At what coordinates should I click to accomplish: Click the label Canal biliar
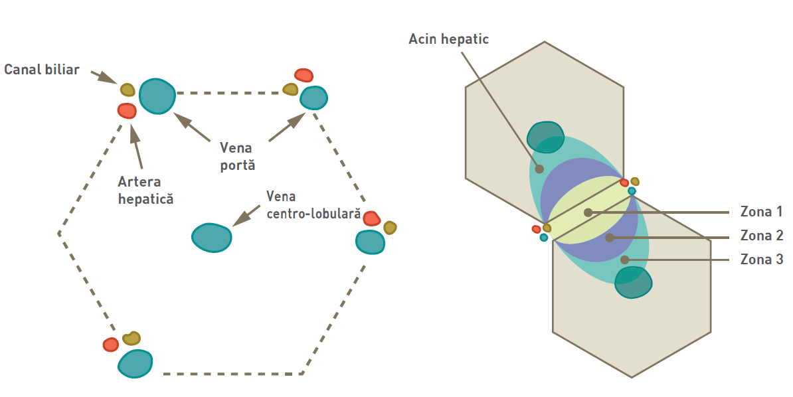tap(41, 70)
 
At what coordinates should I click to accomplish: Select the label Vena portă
tap(238, 156)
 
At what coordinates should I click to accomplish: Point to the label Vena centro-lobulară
tap(313, 206)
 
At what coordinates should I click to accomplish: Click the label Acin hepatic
tap(448, 39)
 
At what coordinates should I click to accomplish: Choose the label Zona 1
tap(761, 212)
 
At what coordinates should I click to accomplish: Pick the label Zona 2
tap(761, 236)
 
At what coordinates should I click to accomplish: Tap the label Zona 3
tap(761, 260)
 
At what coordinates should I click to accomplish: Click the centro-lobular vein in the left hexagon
tap(212, 237)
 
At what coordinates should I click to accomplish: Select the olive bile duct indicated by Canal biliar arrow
tap(128, 90)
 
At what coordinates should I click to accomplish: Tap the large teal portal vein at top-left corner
tap(157, 96)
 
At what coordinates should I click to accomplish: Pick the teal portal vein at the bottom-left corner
tap(135, 362)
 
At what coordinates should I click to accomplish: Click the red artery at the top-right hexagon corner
tap(304, 75)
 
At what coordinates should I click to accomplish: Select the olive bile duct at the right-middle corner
tap(390, 228)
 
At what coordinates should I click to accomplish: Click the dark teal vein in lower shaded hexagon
tap(632, 282)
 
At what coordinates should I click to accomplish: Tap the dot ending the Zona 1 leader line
tap(588, 212)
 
